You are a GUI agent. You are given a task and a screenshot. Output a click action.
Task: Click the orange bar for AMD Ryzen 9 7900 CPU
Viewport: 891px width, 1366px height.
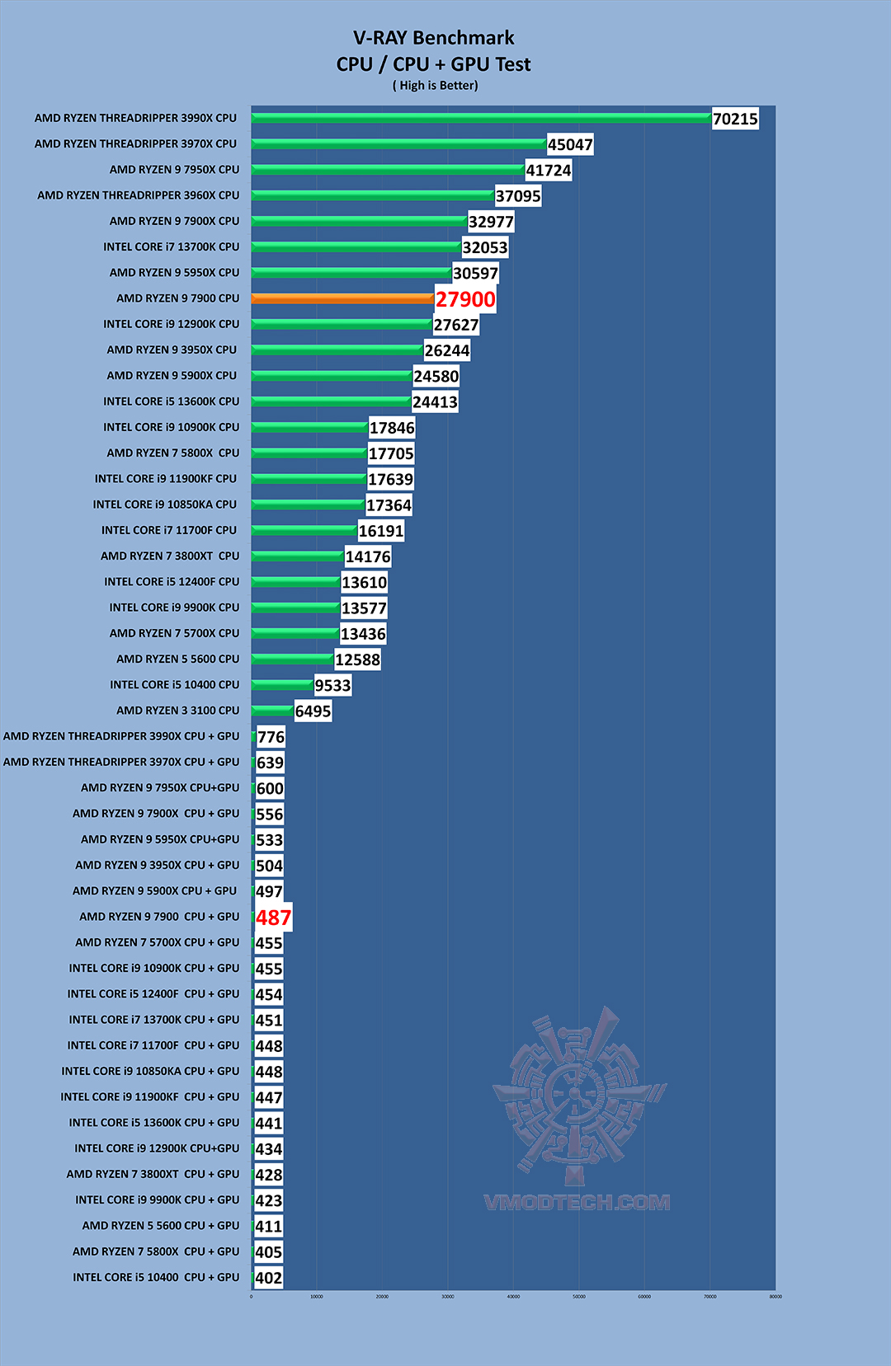pyautogui.click(x=342, y=298)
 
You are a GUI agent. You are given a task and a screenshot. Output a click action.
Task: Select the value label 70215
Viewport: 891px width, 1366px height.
pyautogui.click(x=735, y=119)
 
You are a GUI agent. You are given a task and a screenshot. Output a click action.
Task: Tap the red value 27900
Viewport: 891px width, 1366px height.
pyautogui.click(x=465, y=299)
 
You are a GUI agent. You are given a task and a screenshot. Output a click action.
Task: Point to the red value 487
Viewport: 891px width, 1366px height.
pyautogui.click(x=273, y=918)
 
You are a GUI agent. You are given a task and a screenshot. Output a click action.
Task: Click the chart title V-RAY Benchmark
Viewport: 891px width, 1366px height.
pyautogui.click(x=434, y=38)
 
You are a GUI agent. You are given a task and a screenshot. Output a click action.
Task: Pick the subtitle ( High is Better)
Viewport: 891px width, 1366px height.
pyautogui.click(x=435, y=86)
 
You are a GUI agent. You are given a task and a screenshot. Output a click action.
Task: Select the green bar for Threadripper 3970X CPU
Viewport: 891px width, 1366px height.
pyautogui.click(x=399, y=144)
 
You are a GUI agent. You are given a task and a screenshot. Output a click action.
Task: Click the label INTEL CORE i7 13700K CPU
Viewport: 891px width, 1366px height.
pyautogui.click(x=171, y=246)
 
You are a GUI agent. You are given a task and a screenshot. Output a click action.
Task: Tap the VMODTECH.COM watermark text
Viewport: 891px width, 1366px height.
pyautogui.click(x=577, y=1202)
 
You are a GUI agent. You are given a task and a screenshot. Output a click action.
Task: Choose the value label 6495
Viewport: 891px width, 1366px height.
pyautogui.click(x=313, y=711)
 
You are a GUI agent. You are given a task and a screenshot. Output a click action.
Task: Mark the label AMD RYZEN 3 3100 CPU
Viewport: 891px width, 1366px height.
pyautogui.click(x=177, y=711)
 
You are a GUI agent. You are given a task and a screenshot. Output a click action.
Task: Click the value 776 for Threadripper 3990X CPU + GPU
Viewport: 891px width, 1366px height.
pyautogui.click(x=271, y=737)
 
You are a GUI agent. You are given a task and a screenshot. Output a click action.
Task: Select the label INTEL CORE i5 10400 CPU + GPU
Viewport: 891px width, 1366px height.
pyautogui.click(x=156, y=1277)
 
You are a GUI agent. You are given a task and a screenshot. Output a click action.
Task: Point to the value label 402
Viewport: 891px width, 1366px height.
pyautogui.click(x=269, y=1278)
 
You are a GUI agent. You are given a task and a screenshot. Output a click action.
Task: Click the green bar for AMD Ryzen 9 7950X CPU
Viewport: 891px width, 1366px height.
pyautogui.click(x=388, y=170)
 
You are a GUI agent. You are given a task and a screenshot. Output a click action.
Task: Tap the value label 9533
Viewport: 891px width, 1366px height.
pyautogui.click(x=332, y=685)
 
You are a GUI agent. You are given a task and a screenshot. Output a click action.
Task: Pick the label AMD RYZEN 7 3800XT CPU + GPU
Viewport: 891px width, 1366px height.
pyautogui.click(x=153, y=1174)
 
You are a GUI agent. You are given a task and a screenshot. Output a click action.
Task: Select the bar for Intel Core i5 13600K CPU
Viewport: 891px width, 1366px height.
pyautogui.click(x=331, y=401)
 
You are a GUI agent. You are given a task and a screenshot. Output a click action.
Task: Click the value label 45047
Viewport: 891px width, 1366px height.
pyautogui.click(x=570, y=145)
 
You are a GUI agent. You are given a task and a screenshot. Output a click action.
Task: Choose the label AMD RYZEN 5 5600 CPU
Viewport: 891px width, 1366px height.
pyautogui.click(x=177, y=659)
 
